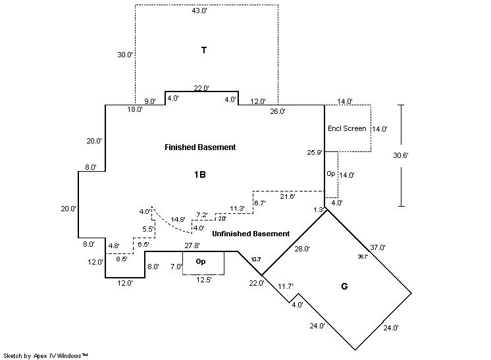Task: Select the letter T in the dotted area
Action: tap(204, 50)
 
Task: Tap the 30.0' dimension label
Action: tap(125, 55)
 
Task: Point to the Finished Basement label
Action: tap(200, 147)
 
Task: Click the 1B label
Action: tap(200, 175)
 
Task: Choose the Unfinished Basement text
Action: tap(251, 234)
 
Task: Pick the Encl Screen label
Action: tap(347, 128)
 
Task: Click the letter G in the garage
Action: tap(344, 286)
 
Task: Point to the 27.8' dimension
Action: tap(192, 245)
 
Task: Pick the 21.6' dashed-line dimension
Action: tap(288, 196)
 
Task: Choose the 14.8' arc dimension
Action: tap(178, 219)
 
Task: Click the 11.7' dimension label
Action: tap(285, 286)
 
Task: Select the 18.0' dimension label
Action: tap(135, 110)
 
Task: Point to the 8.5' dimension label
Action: tap(122, 259)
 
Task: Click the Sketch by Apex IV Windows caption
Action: tap(45, 355)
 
